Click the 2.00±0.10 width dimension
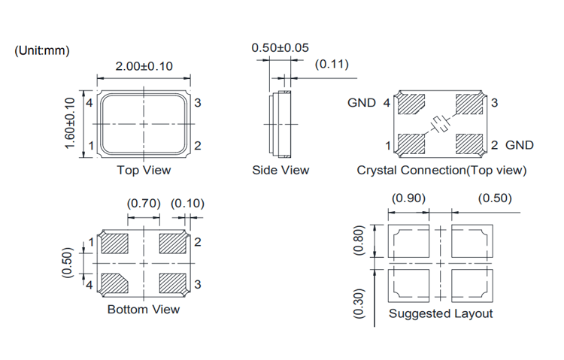[144, 66]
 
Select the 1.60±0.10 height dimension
[70, 123]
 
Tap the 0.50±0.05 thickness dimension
[280, 47]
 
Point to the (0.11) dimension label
[332, 64]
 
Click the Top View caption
[144, 170]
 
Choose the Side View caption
[280, 170]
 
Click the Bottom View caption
[144, 309]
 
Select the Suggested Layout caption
[441, 313]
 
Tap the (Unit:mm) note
[42, 50]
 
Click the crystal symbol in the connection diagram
[440, 124]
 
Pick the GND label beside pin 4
[361, 103]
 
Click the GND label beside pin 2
[520, 145]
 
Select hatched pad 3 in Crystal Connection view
[470, 104]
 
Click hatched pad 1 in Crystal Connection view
[411, 143]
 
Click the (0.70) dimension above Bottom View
[143, 204]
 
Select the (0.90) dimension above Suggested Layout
[409, 198]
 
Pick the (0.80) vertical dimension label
[359, 241]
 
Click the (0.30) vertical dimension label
[359, 304]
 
